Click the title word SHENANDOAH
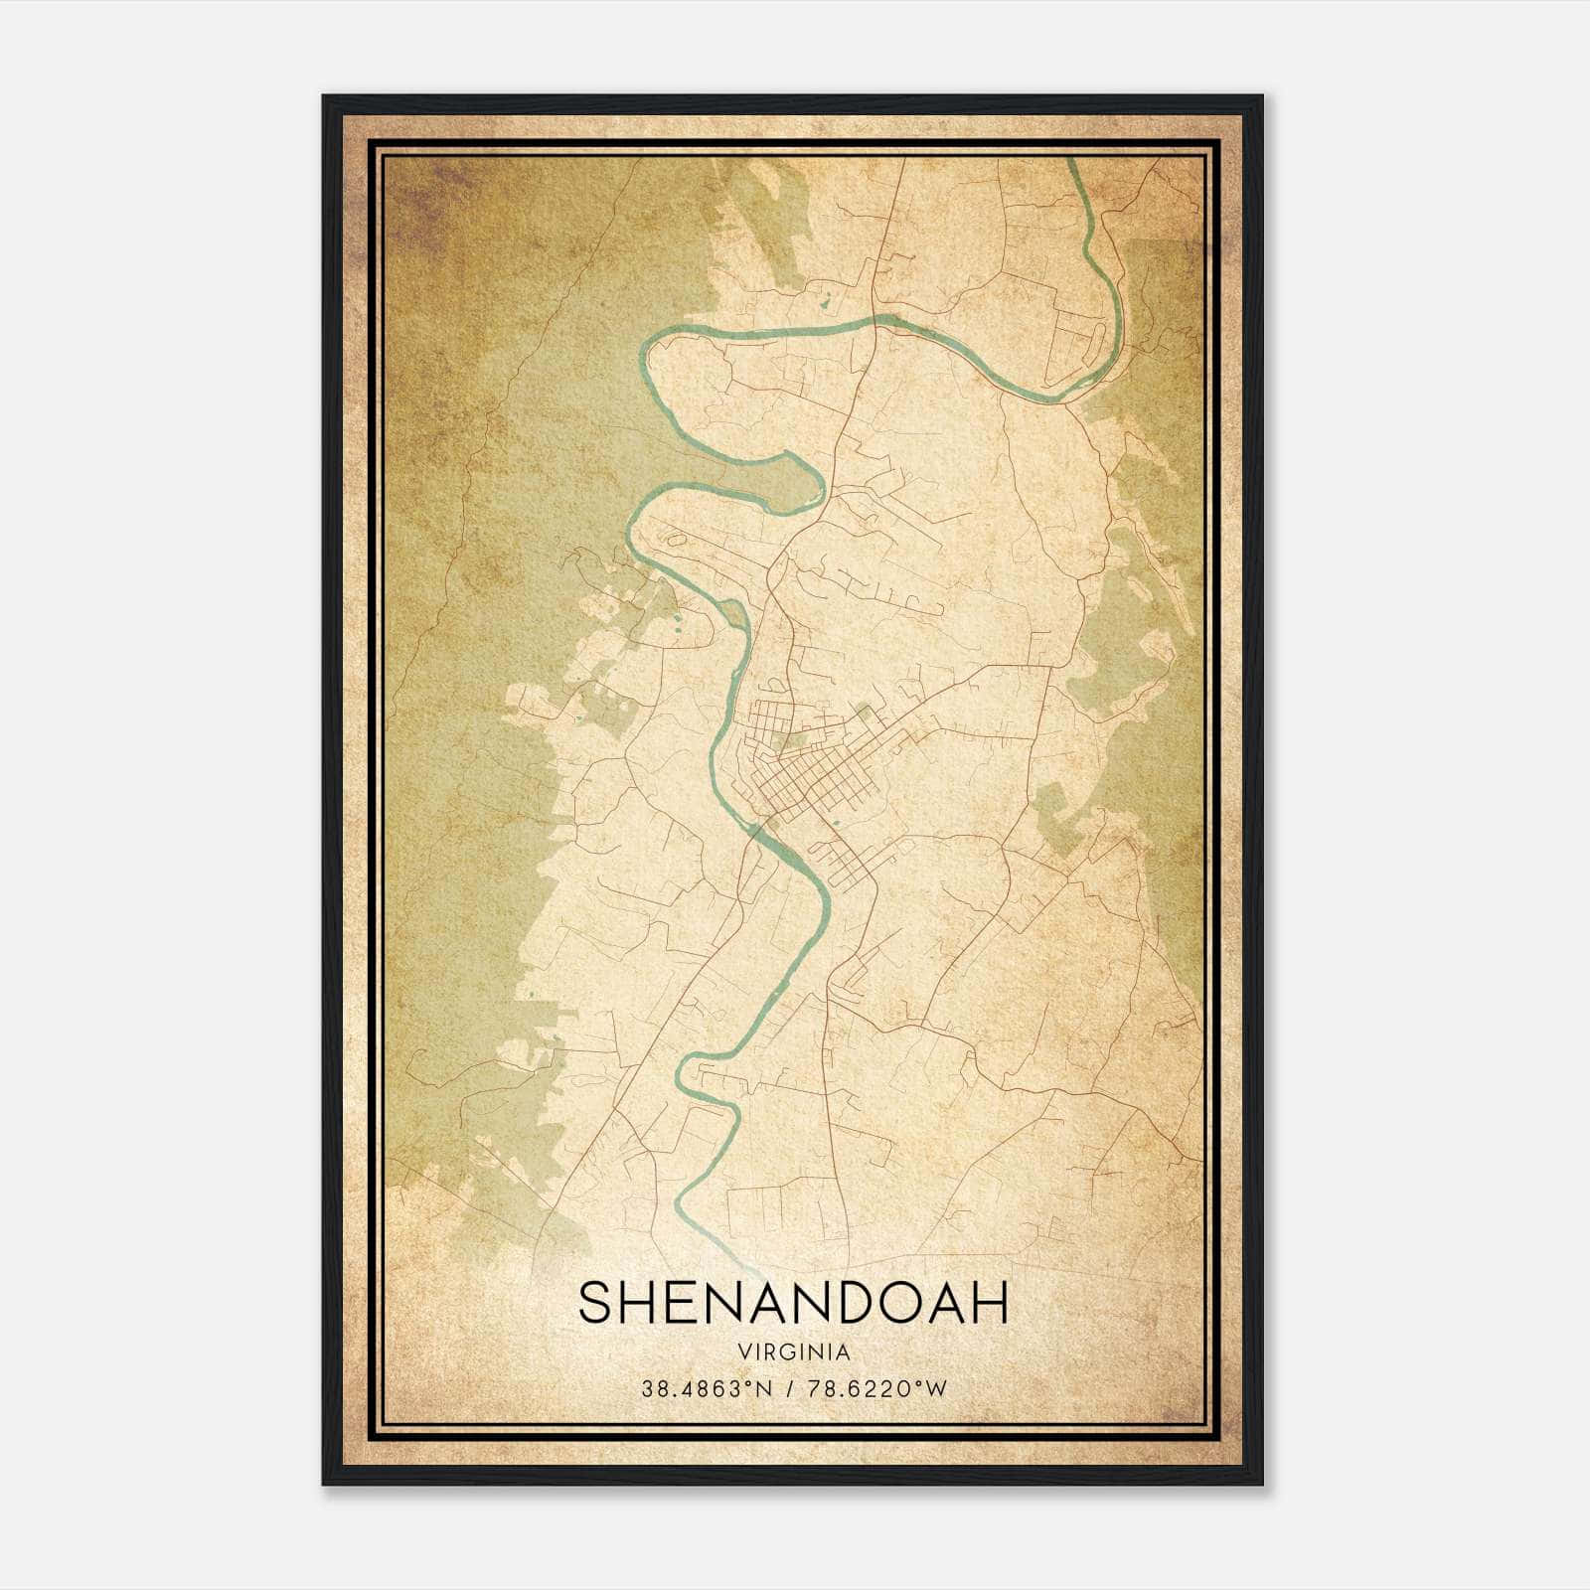[x=793, y=1303]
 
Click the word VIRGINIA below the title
[x=793, y=1352]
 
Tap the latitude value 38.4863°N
[x=707, y=1389]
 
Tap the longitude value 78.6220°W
[x=874, y=1389]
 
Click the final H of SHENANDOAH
[x=990, y=1303]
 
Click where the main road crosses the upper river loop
[x=875, y=319]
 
